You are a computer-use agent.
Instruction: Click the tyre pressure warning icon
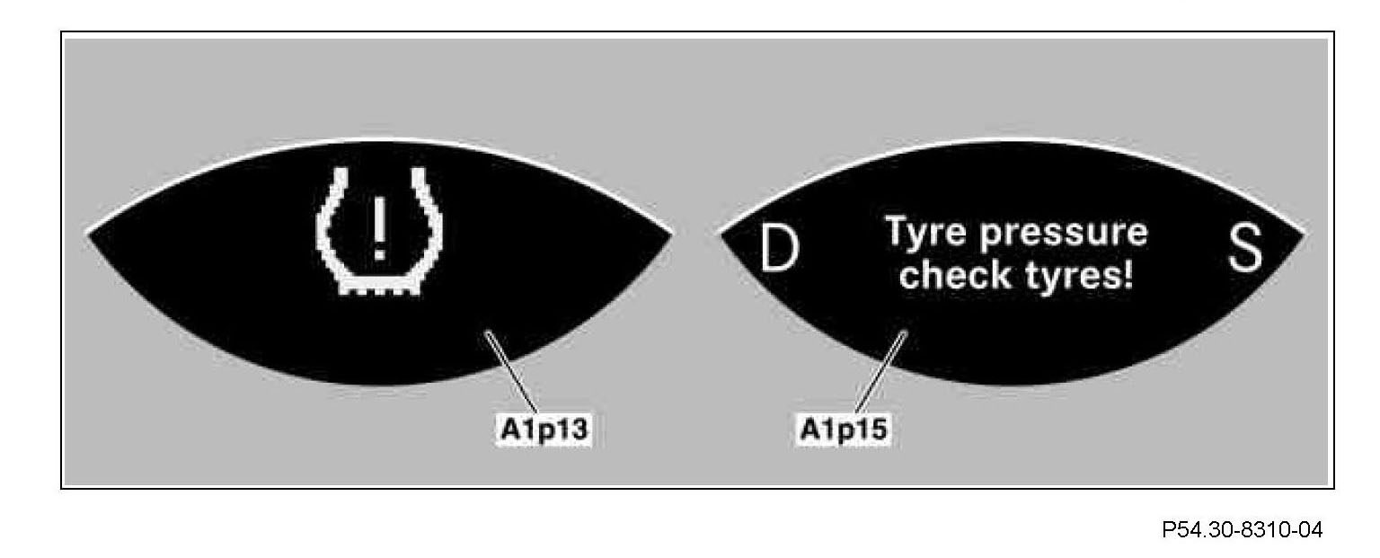coord(378,231)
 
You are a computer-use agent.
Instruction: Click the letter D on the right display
coord(779,249)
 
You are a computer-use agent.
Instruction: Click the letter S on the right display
coord(1244,249)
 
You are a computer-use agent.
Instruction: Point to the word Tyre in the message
coord(924,232)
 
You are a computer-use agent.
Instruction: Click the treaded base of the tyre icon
coord(378,288)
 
